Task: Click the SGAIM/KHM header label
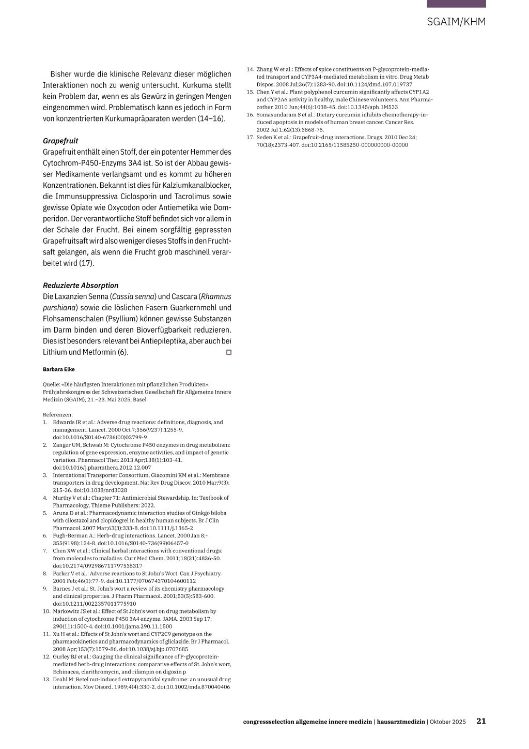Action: point(456,22)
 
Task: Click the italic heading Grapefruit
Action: point(60,141)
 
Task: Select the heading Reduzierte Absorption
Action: point(81,286)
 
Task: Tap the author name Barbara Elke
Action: point(59,369)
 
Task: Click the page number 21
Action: point(481,721)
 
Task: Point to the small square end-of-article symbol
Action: point(228,352)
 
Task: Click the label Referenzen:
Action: point(58,414)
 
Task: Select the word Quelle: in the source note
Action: point(51,384)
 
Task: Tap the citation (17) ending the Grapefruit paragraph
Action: point(86,263)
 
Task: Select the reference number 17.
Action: point(250,138)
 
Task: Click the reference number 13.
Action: point(46,679)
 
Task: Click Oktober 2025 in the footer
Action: point(448,722)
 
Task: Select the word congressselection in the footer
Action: point(268,722)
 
